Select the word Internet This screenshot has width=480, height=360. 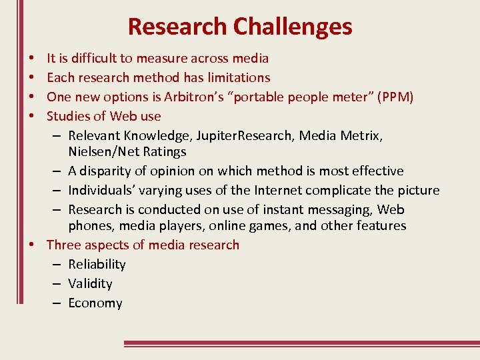click(x=280, y=191)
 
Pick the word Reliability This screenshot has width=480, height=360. click(x=97, y=265)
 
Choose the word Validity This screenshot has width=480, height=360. click(x=90, y=284)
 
